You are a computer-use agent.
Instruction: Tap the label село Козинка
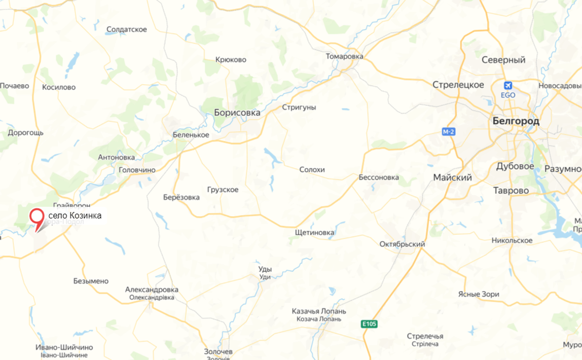pyautogui.click(x=75, y=216)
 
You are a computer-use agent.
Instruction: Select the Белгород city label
pyautogui.click(x=516, y=121)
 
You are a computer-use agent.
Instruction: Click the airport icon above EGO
pyautogui.click(x=508, y=85)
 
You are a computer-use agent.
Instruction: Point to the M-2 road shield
pyautogui.click(x=448, y=132)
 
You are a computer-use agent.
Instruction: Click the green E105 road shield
pyautogui.click(x=369, y=324)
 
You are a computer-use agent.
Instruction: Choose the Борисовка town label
pyautogui.click(x=237, y=112)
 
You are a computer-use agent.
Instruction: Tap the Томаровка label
pyautogui.click(x=344, y=56)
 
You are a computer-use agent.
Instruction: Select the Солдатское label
pyautogui.click(x=127, y=30)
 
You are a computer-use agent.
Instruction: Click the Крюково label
pyautogui.click(x=231, y=60)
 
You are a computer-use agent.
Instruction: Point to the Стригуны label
pyautogui.click(x=299, y=107)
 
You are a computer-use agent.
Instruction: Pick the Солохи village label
pyautogui.click(x=312, y=170)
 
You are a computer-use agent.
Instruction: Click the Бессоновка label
pyautogui.click(x=379, y=178)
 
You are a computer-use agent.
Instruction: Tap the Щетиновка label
pyautogui.click(x=314, y=232)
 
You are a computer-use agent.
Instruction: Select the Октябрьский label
pyautogui.click(x=402, y=244)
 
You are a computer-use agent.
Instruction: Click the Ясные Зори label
pyautogui.click(x=478, y=294)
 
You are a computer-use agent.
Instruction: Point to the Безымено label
pyautogui.click(x=91, y=281)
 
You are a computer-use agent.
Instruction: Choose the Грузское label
pyautogui.click(x=223, y=190)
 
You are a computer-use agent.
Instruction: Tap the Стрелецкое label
pyautogui.click(x=458, y=85)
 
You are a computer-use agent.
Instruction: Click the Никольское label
pyautogui.click(x=512, y=240)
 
